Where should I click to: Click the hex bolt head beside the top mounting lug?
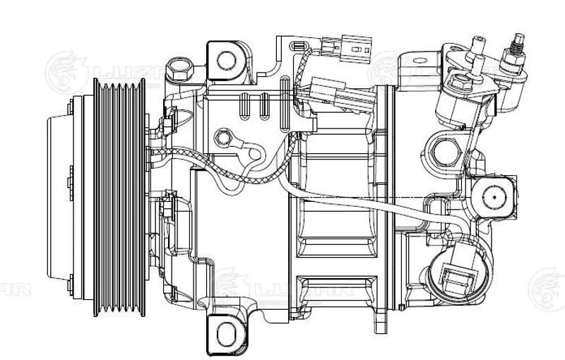(176, 70)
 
